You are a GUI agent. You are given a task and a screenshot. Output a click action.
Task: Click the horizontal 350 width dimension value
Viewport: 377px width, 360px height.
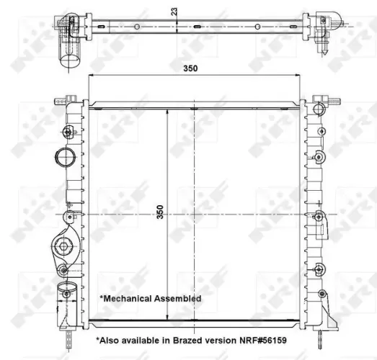coord(190,68)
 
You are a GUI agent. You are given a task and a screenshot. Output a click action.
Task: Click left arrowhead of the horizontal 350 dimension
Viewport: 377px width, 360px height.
coord(90,75)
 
